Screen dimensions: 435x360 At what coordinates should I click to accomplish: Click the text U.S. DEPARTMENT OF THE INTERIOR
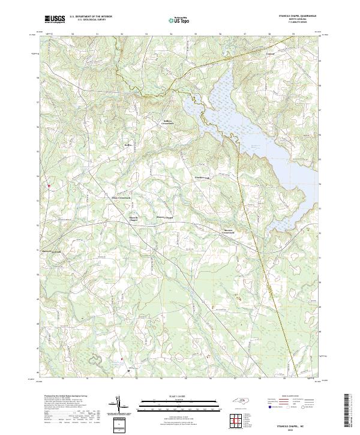pos(91,17)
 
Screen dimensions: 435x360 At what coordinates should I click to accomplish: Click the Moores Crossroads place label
pos(217,231)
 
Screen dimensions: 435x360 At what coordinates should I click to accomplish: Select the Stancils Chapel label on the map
pos(164,217)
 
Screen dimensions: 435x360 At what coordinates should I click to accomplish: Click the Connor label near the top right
pos(270,53)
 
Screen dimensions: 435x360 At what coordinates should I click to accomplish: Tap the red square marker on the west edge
pos(49,185)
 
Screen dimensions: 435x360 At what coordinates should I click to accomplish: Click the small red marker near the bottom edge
pos(122,359)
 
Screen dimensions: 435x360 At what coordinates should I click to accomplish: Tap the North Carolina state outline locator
pos(238,405)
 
